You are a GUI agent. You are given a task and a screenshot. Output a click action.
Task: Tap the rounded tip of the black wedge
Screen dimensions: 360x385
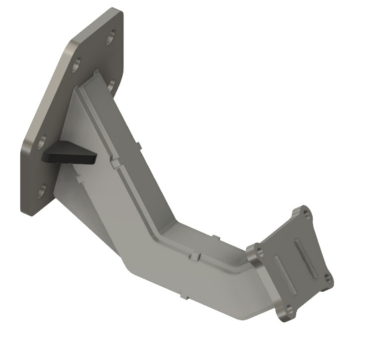tap(92, 159)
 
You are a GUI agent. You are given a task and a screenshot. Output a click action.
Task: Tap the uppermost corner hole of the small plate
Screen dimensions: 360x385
tap(305, 214)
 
